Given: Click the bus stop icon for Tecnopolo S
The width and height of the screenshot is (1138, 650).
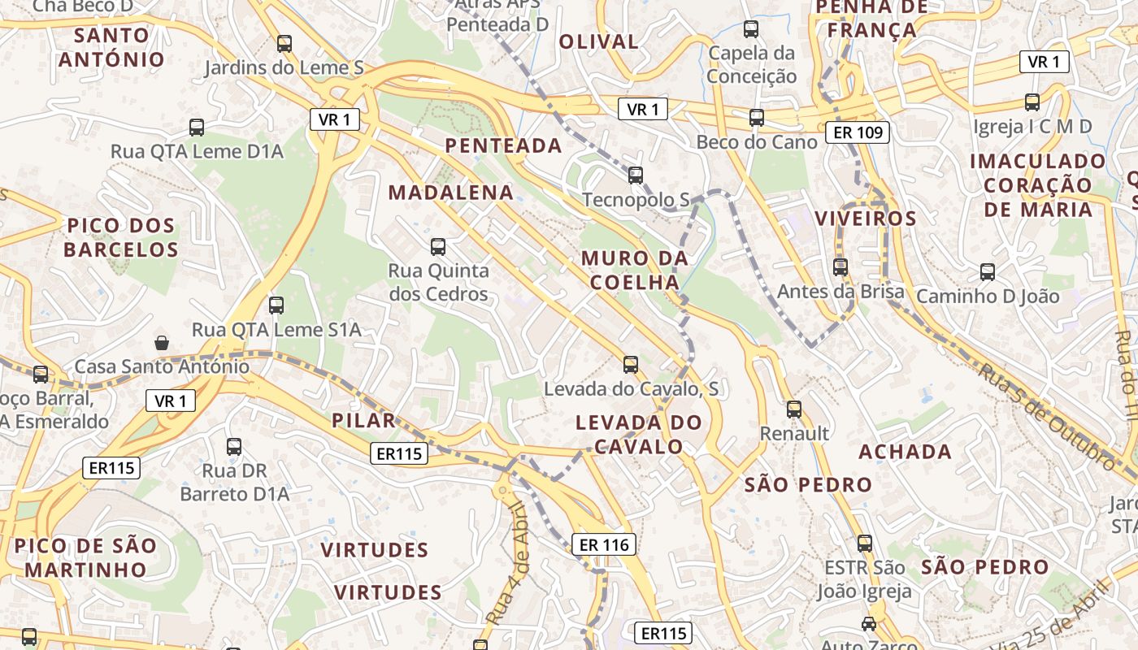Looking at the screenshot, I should pyautogui.click(x=636, y=175).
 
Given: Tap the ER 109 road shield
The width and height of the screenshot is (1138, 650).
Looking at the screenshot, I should pyautogui.click(x=858, y=132).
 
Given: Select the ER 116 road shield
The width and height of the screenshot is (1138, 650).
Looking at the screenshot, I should pyautogui.click(x=604, y=544).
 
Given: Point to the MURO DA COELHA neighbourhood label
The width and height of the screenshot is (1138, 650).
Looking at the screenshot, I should pyautogui.click(x=635, y=271).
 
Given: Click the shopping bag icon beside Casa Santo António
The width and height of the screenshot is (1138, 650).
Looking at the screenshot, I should pyautogui.click(x=162, y=342).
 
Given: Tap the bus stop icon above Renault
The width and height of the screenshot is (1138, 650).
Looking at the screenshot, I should pyautogui.click(x=794, y=409).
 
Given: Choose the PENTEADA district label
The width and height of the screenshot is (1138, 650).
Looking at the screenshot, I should pyautogui.click(x=504, y=146).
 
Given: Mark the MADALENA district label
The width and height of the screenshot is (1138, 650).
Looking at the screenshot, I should pyautogui.click(x=451, y=193).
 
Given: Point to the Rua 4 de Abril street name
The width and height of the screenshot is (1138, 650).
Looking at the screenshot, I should pyautogui.click(x=506, y=565).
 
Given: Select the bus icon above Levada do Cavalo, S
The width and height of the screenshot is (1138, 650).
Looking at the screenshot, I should pyautogui.click(x=631, y=364).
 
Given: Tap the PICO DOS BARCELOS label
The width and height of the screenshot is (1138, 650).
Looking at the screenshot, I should pyautogui.click(x=121, y=237).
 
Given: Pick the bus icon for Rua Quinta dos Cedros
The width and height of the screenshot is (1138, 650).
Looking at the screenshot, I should pyautogui.click(x=438, y=246).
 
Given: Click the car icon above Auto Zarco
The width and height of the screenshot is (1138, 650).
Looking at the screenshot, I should pyautogui.click(x=869, y=624).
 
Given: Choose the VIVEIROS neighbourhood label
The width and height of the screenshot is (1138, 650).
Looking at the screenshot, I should pyautogui.click(x=866, y=219).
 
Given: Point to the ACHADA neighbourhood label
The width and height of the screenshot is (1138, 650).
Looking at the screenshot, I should pyautogui.click(x=905, y=452).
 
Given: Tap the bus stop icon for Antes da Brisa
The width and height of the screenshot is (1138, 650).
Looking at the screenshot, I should pyautogui.click(x=840, y=266).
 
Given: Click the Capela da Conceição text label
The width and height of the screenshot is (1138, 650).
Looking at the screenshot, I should pyautogui.click(x=751, y=65).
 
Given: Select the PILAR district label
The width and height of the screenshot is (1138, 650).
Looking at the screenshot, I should pyautogui.click(x=363, y=421).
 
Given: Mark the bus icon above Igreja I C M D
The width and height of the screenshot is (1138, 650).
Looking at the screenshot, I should pyautogui.click(x=1032, y=102).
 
